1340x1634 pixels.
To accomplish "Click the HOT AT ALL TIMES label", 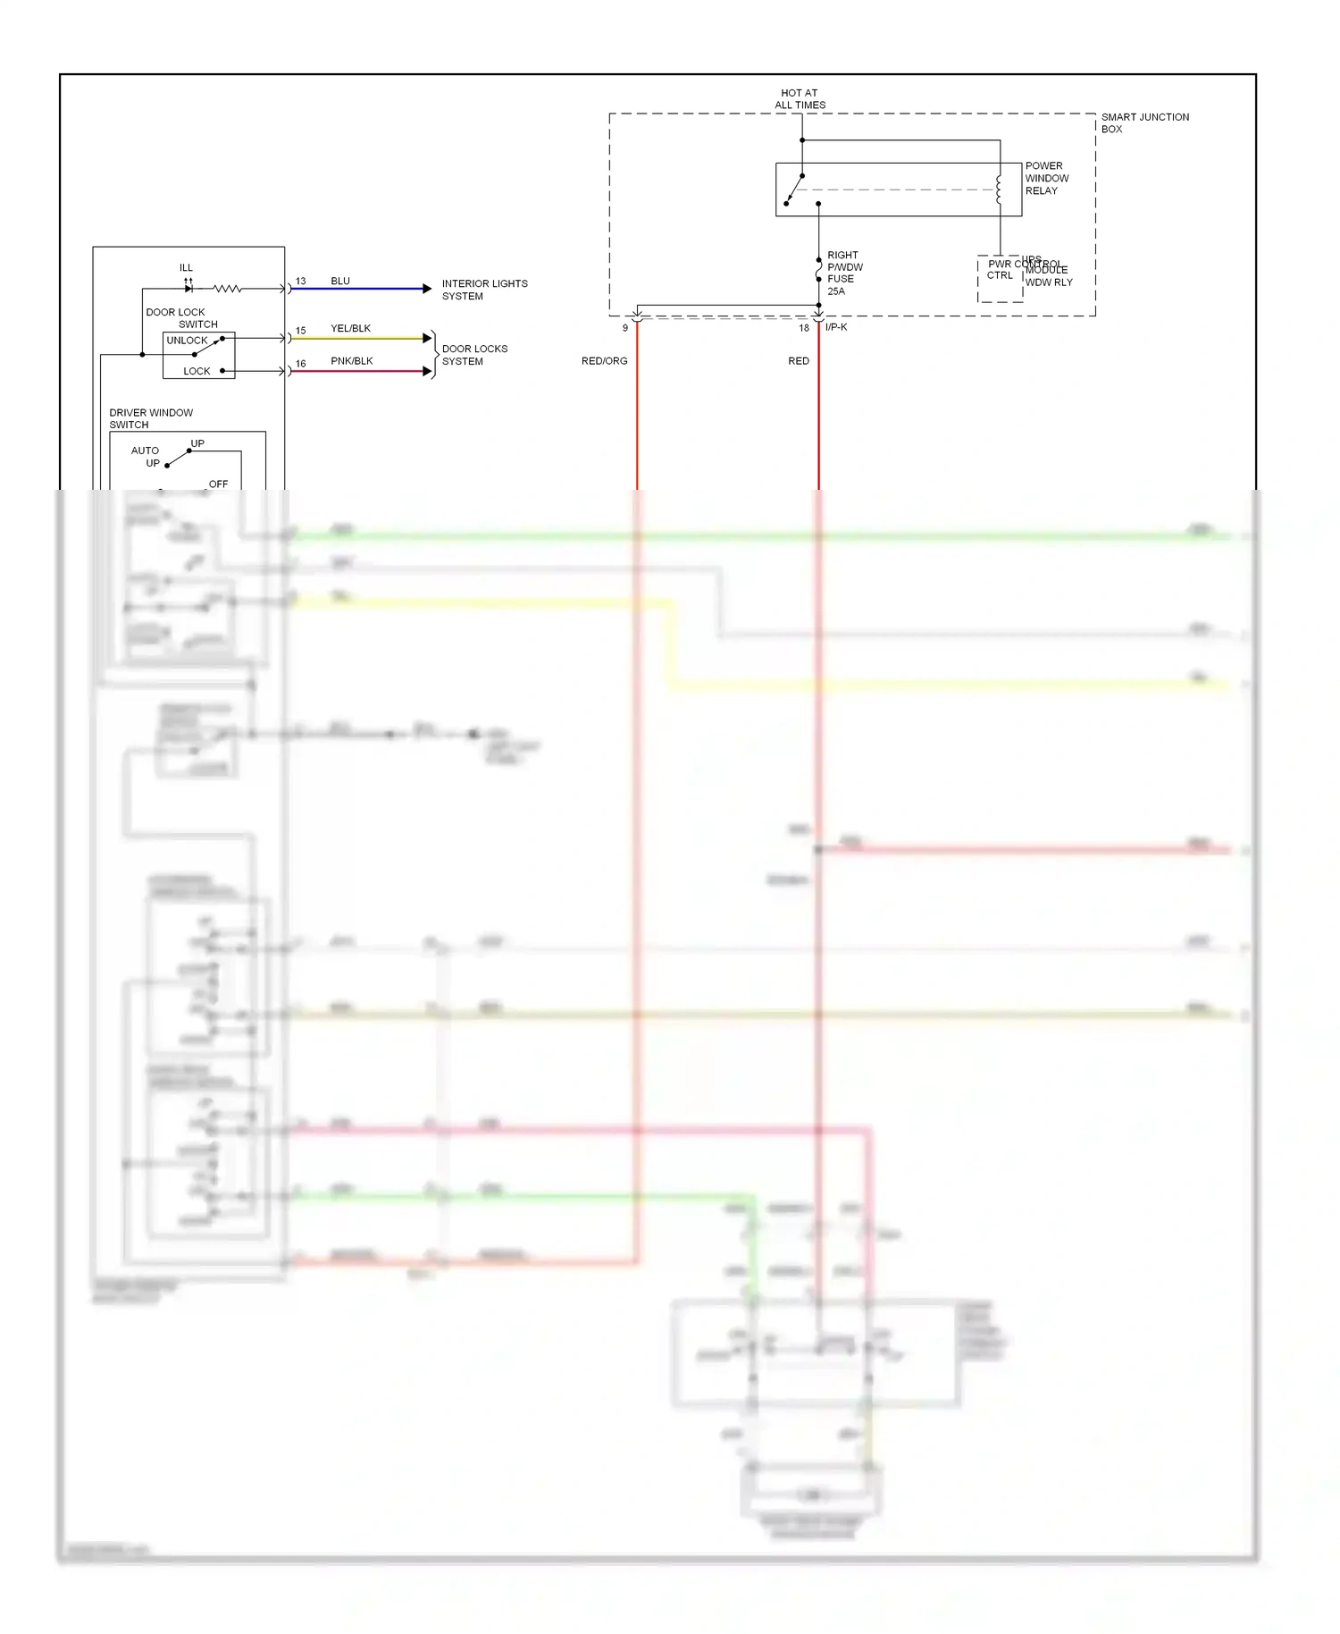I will click(x=800, y=99).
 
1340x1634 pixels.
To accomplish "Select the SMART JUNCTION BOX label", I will click(x=1143, y=123).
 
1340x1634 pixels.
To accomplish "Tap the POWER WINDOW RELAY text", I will click(x=1046, y=179).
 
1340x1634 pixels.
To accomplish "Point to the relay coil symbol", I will click(x=999, y=190).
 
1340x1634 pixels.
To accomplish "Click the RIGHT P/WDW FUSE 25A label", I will click(x=844, y=274).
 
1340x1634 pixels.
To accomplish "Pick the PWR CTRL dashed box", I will click(x=1000, y=279).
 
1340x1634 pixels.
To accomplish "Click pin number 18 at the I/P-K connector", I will click(x=804, y=328).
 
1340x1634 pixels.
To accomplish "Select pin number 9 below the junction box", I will click(x=625, y=328).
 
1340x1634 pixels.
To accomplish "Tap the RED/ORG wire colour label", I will click(x=604, y=361).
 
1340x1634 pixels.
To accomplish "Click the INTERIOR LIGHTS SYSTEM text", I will click(x=484, y=290).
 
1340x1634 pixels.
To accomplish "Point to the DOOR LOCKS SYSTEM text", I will click(x=474, y=355).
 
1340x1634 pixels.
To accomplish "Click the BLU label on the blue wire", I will click(x=340, y=281).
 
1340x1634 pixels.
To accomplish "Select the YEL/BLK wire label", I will click(x=350, y=328).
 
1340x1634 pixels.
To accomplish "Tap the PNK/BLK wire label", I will click(x=351, y=361).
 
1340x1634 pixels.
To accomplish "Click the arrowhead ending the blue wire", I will click(x=427, y=289).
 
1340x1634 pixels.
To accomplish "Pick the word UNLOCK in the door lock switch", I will click(x=187, y=341).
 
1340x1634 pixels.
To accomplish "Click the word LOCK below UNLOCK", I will click(x=197, y=371).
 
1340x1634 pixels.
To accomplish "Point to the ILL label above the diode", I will click(x=186, y=267).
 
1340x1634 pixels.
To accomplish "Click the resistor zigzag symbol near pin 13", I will click(x=227, y=289).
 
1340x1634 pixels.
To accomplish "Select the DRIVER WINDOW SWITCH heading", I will click(x=150, y=418).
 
